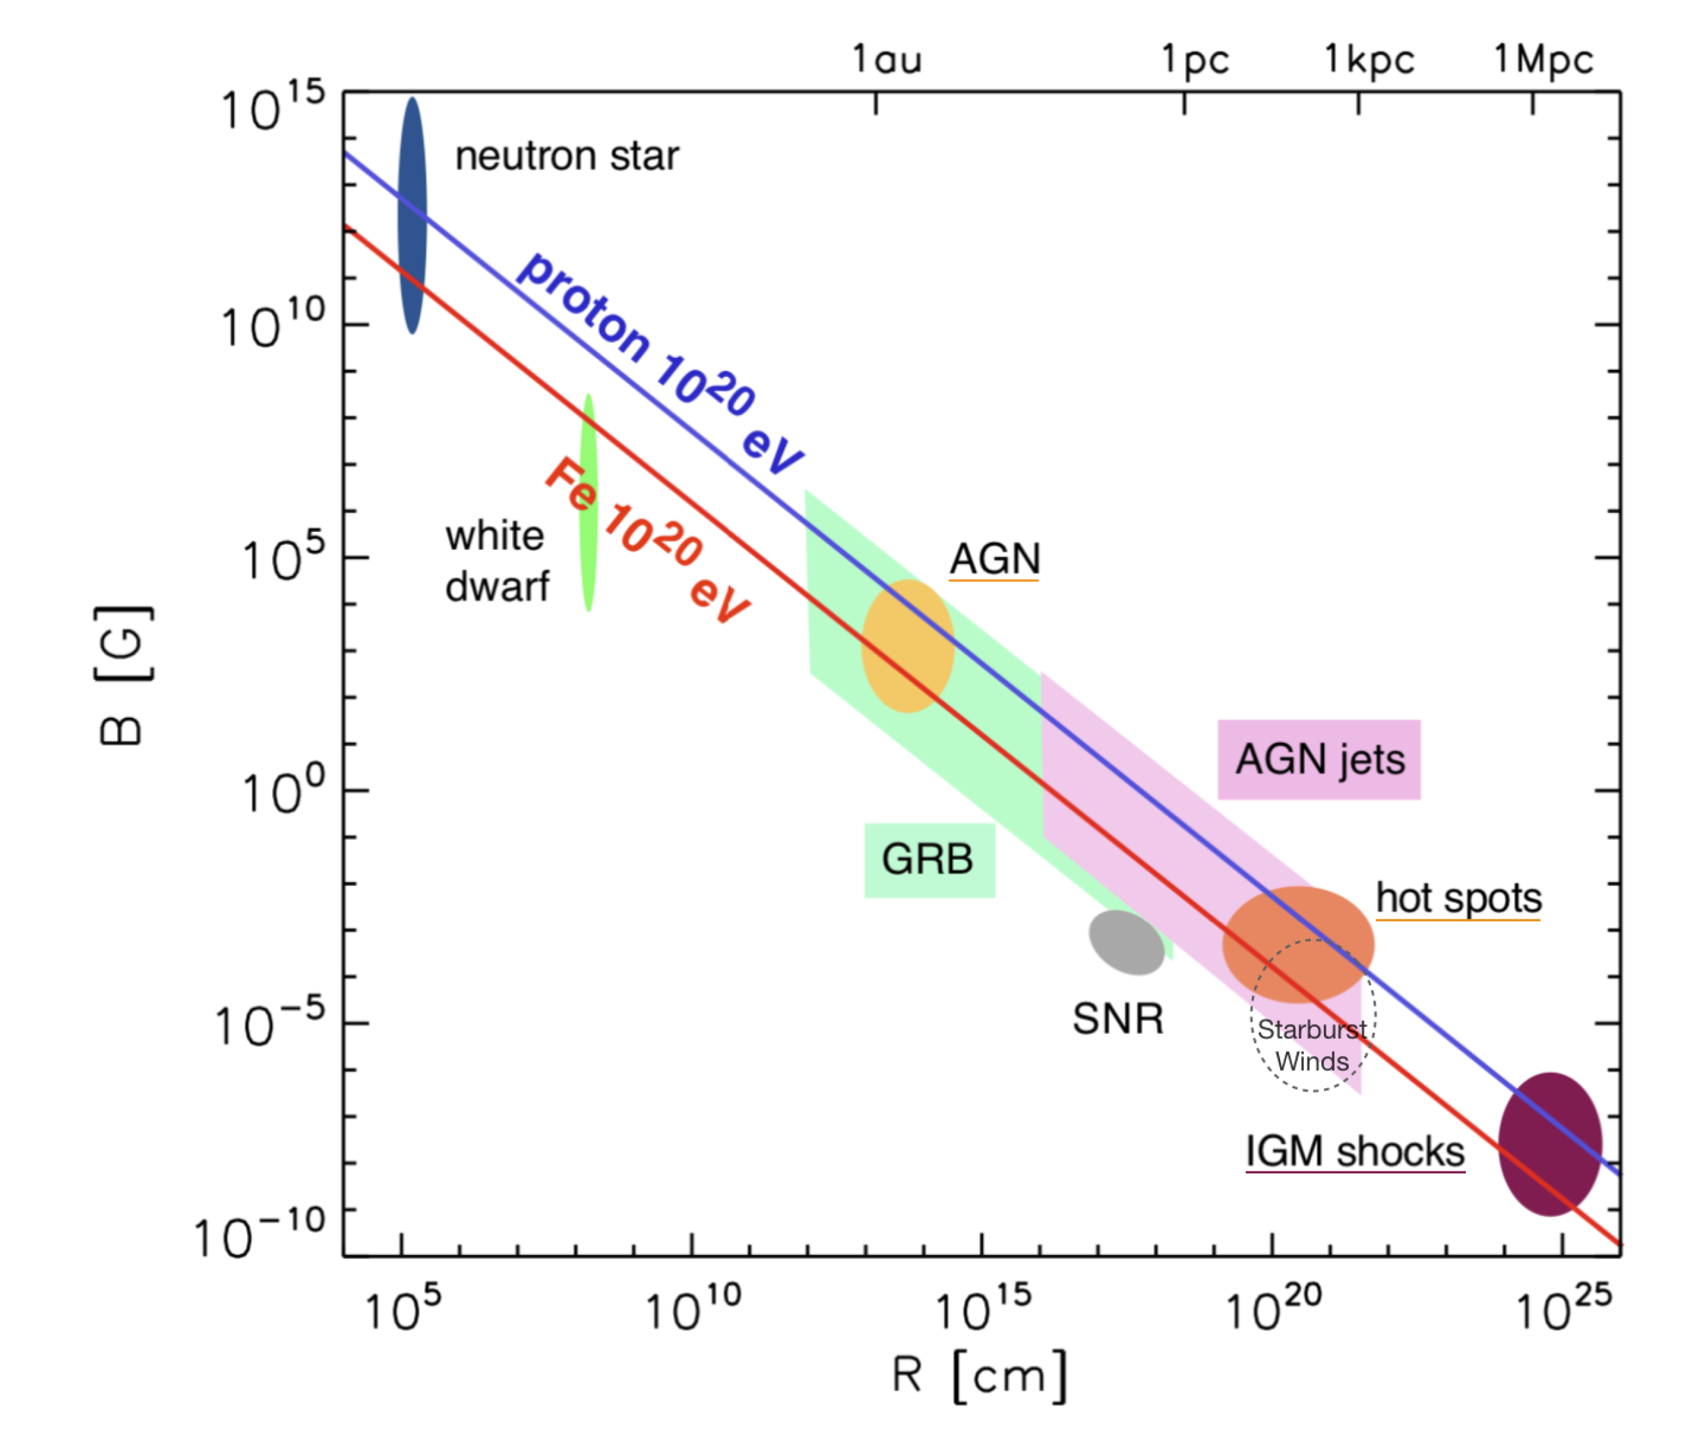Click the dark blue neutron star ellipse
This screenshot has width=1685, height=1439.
coord(412,215)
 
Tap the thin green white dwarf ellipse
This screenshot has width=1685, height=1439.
coord(588,505)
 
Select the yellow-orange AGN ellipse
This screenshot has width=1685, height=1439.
coord(907,646)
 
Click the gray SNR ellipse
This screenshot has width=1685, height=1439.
coord(1126,942)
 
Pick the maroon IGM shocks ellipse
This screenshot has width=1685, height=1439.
coord(1550,1145)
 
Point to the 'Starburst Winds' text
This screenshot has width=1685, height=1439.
coord(1312,1045)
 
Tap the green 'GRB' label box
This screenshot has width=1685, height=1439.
coord(929,860)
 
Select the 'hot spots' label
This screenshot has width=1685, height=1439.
coord(1458,898)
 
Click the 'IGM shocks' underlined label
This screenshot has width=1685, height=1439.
coord(1355,1152)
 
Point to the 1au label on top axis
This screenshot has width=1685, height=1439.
coord(886,60)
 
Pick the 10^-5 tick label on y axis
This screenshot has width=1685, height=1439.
coord(268,1024)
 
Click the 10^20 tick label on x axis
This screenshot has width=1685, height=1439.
coord(1273,1309)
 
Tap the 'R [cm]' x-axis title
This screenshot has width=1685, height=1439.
coord(979,1376)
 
